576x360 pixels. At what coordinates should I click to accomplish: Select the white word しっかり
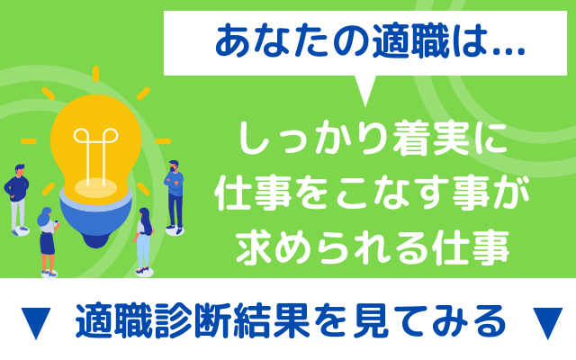313,139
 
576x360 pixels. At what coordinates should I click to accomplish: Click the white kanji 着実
431,139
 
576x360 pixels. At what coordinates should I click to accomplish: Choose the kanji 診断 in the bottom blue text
193,320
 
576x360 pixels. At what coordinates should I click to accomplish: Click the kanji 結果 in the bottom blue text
272,320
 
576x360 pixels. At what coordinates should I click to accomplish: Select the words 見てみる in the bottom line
428,320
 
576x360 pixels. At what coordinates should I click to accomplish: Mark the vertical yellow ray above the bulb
96,74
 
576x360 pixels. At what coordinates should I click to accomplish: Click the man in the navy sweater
17,199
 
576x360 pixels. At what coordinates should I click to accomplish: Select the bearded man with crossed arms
174,197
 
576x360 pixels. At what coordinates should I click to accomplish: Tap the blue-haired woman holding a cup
48,241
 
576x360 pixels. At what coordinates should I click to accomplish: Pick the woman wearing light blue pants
144,241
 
